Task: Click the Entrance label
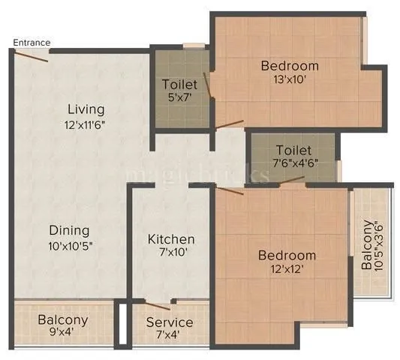click(x=32, y=43)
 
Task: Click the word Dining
click(x=70, y=230)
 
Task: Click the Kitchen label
click(x=171, y=239)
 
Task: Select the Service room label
click(x=170, y=322)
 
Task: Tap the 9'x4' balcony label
click(x=63, y=327)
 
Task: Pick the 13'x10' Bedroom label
click(x=289, y=73)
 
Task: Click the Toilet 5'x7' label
click(x=180, y=91)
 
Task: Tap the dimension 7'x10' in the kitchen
click(x=171, y=253)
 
